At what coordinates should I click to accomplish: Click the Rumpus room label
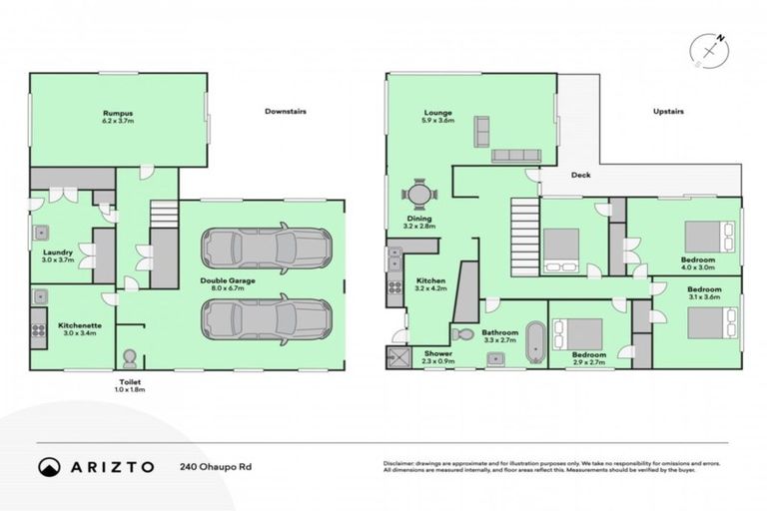tap(119, 114)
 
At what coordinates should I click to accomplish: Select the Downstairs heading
tap(285, 111)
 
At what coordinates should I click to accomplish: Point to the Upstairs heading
tap(667, 111)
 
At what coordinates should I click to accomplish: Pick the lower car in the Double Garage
tap(266, 317)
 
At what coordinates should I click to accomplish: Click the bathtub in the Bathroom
tap(534, 340)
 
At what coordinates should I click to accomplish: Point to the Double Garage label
tap(227, 281)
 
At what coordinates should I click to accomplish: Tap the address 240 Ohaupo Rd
tap(215, 466)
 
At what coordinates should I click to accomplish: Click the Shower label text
tap(438, 353)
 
